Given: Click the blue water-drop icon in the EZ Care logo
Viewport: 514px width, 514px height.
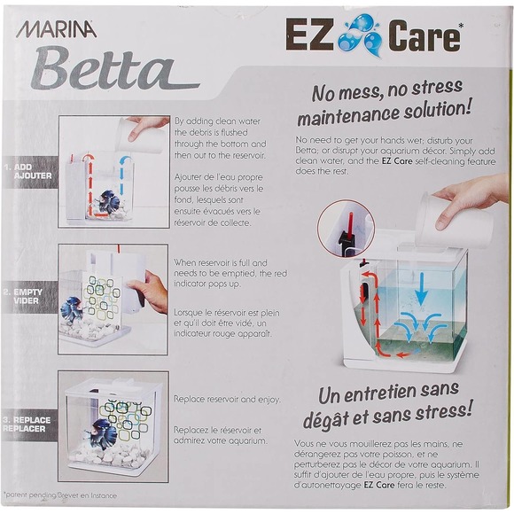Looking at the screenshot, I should tap(366, 37).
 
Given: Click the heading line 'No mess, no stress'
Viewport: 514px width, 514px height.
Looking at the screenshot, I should tap(388, 88).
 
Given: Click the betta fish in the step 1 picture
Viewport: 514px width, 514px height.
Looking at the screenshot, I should tap(107, 201).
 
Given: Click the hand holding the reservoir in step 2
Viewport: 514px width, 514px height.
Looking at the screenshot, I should tap(152, 289).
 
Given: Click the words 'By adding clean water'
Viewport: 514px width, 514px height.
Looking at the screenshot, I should tap(220, 121).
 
